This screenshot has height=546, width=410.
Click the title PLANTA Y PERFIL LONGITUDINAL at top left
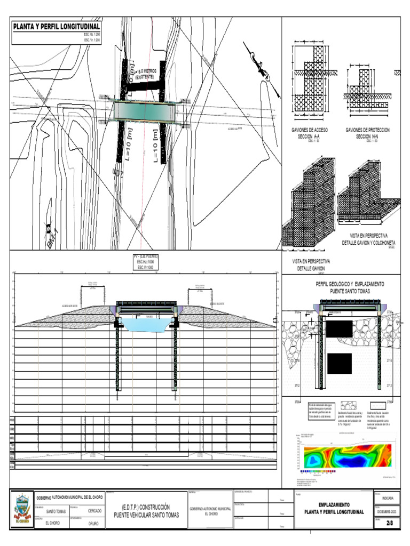click(x=57, y=26)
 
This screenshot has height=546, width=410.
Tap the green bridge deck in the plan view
click(x=145, y=111)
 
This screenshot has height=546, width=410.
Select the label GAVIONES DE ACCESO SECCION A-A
click(x=309, y=133)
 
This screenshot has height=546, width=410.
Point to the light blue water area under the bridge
click(x=146, y=324)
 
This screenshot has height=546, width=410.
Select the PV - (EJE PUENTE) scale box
click(x=146, y=262)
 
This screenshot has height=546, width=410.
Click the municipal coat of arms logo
click(x=22, y=510)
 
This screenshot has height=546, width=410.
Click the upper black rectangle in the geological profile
click(x=339, y=329)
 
